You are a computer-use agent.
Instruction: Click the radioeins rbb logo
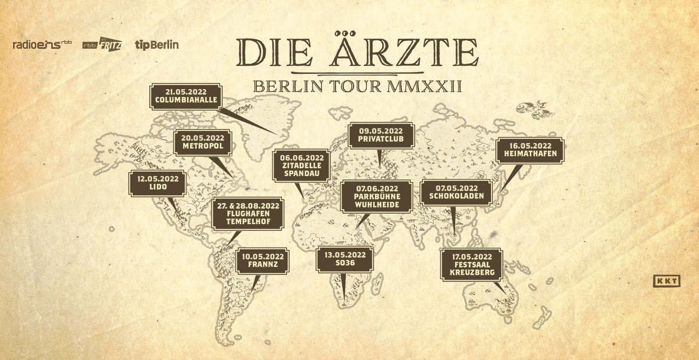(42, 45)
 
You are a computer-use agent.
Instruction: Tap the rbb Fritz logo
(101, 45)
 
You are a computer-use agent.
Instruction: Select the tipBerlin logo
(157, 44)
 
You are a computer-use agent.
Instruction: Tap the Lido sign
(158, 182)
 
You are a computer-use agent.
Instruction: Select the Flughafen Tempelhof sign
(249, 215)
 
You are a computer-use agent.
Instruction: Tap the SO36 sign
(345, 259)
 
